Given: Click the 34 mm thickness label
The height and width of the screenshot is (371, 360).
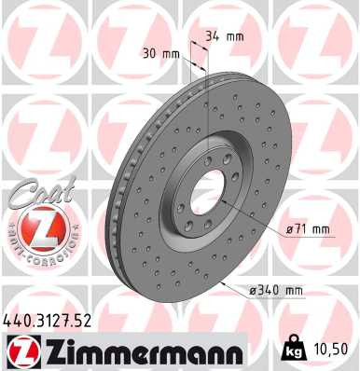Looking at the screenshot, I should pos(223,37).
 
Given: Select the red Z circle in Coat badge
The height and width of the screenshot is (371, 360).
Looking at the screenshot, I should pos(35,227).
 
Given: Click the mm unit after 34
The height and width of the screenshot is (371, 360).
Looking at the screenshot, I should pos(234,37).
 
